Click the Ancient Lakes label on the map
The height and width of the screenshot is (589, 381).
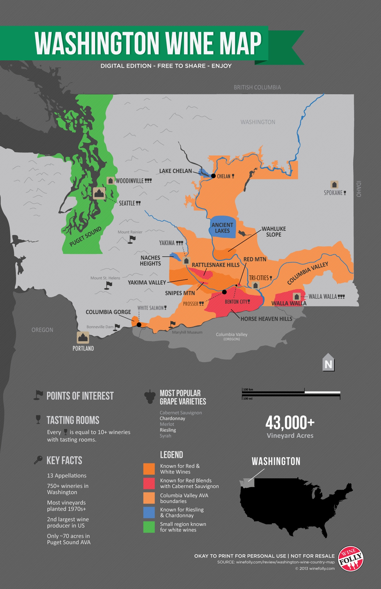[x=222, y=228]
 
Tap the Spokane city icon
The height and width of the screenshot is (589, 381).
[x=334, y=184]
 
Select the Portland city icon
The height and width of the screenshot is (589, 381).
[x=83, y=337]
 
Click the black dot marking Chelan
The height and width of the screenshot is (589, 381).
[x=213, y=176]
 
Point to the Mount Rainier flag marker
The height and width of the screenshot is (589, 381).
[x=132, y=240]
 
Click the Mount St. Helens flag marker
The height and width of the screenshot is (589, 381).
[x=109, y=285]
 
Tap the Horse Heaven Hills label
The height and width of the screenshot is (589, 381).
[x=266, y=319]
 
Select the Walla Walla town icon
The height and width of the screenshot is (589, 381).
[x=297, y=297]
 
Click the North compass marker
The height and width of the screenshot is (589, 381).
[x=328, y=363]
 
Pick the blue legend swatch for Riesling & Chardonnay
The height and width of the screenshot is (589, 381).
[x=149, y=512]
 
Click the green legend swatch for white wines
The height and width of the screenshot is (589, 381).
[x=149, y=527]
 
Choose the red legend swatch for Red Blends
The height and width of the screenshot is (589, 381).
[x=149, y=484]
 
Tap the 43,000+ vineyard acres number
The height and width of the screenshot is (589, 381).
[x=290, y=423]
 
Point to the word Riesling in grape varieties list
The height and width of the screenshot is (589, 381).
[x=168, y=430]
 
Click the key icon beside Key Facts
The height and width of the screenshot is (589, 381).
[x=38, y=460]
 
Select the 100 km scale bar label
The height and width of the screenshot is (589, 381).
[x=248, y=390]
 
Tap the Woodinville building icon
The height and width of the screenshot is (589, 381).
[x=111, y=180]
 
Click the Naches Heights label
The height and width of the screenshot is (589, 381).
[x=150, y=261]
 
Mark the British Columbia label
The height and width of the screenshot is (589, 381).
[x=257, y=87]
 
